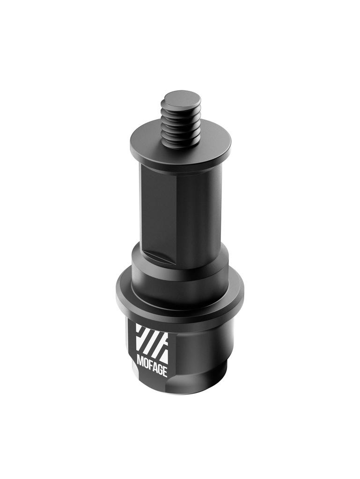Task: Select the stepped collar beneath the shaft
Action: pyautogui.click(x=180, y=271)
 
